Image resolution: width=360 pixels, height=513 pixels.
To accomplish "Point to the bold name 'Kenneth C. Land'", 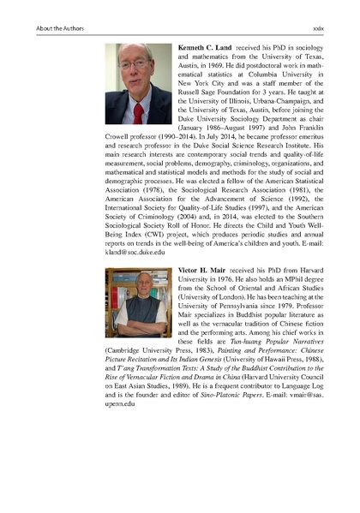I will tap(206, 43).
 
